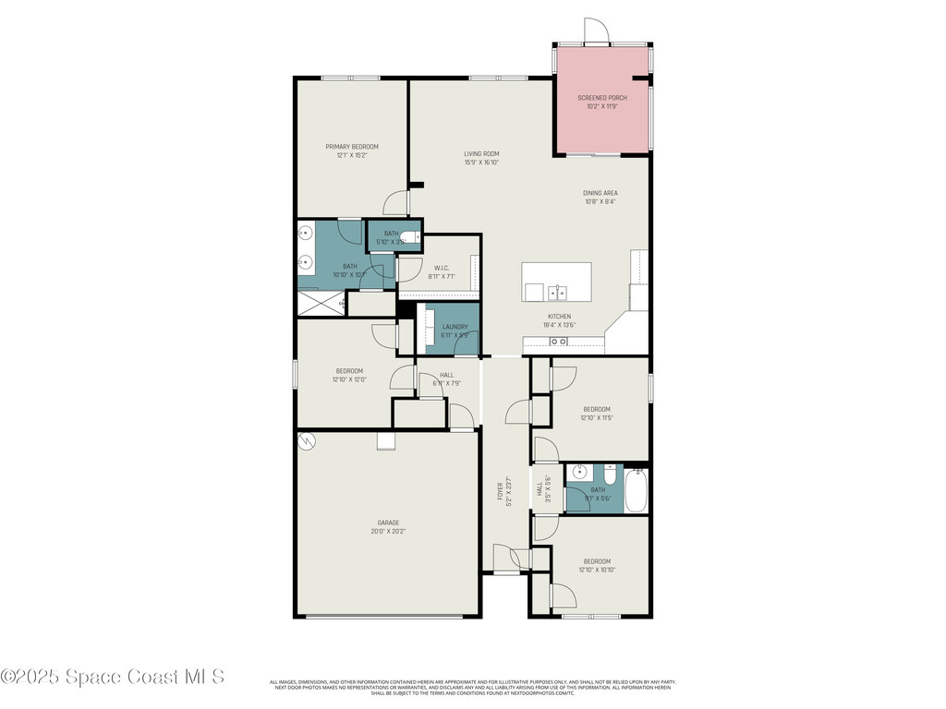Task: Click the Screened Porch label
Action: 601,97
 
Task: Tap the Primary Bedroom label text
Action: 352,147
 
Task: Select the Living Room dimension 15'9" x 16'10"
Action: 481,162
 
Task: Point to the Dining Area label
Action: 600,193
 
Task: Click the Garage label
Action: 388,523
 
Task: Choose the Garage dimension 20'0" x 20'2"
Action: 388,532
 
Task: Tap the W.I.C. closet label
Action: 441,269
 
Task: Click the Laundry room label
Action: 455,327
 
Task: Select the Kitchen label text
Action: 560,317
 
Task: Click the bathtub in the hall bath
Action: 637,489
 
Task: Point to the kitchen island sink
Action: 557,294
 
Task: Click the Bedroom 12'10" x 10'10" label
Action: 596,561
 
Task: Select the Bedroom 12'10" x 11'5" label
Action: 596,409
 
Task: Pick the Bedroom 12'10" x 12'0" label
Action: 347,371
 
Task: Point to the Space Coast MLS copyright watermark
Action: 112,677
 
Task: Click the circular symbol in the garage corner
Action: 307,441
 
